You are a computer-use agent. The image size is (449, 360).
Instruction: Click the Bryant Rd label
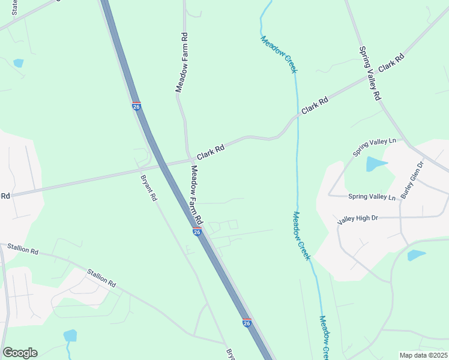coord(148,188)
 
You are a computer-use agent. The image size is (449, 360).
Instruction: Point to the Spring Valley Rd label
coord(370,73)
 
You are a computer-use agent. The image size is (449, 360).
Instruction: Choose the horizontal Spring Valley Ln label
coord(372,197)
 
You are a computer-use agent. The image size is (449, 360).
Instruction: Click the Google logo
coord(20,353)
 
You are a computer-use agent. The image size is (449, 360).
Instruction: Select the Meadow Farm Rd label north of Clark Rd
coord(182,62)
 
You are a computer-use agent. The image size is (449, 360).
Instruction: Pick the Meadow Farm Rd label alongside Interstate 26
coord(198,193)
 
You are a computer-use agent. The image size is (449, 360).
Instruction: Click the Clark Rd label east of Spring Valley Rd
coord(391,63)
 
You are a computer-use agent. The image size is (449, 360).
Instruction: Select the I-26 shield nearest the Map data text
coord(247,323)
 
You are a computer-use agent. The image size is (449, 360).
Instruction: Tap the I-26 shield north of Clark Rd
coord(137,106)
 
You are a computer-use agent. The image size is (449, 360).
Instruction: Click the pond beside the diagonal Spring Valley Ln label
coord(376,164)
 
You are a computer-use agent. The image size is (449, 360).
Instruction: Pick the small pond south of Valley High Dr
coord(416,255)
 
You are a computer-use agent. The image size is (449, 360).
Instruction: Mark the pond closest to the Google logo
coord(70,335)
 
